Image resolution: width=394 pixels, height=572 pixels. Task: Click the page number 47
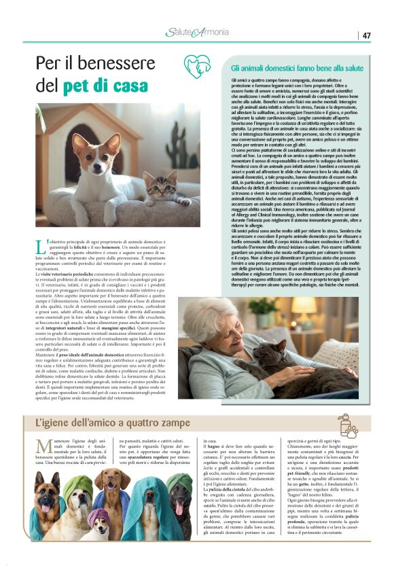[x=366, y=35]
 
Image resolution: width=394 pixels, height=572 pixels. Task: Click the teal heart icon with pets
[x=197, y=66]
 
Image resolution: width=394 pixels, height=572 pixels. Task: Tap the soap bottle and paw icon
[x=347, y=425]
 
